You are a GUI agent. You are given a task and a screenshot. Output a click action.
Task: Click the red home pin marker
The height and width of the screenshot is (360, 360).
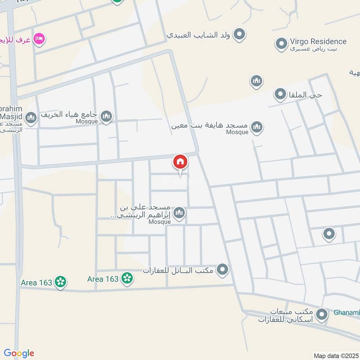pos(180,162)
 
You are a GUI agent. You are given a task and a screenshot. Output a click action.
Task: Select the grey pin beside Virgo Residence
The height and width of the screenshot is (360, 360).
pos(281,44)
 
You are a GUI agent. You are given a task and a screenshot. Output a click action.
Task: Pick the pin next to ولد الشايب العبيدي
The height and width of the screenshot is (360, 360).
pos(240,34)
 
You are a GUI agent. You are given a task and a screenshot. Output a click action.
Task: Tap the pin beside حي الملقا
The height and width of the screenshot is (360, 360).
pos(280,94)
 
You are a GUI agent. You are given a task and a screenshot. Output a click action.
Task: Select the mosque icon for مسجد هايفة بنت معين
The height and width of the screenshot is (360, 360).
pos(256,127)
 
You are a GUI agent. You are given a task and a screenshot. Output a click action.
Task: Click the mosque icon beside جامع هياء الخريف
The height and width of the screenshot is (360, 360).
pos(107,117)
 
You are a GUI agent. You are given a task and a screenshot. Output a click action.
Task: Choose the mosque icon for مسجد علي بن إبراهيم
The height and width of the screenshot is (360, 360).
pos(180,213)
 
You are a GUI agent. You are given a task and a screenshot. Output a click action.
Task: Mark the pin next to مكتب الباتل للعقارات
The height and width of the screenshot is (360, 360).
pos(222,270)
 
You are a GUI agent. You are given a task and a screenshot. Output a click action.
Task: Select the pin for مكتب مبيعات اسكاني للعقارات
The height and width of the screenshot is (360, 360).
pos(321,315)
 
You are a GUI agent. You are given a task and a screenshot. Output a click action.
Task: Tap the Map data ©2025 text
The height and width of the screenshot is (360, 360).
pos(336,355)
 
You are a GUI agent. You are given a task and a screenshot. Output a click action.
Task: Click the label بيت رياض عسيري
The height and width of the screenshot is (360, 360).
pos(318,49)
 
